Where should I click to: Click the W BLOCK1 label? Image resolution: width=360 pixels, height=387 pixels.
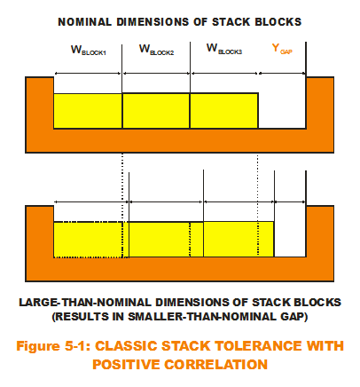[89, 51]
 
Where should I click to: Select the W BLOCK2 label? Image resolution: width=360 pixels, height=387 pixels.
[156, 50]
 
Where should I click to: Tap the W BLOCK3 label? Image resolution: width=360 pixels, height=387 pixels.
[224, 49]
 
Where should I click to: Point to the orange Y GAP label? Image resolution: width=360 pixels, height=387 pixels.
[282, 49]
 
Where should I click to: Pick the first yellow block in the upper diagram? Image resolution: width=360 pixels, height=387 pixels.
[88, 111]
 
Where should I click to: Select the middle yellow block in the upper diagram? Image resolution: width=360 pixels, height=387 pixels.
[156, 111]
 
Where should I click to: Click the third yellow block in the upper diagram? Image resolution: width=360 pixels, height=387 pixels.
[224, 111]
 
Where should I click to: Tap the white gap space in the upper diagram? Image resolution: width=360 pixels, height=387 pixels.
[282, 111]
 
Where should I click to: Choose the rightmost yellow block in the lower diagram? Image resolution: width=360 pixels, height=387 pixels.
[239, 240]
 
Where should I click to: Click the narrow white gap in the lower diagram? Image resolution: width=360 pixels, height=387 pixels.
[290, 240]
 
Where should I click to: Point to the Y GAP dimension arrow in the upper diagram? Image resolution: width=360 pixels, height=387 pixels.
[282, 73]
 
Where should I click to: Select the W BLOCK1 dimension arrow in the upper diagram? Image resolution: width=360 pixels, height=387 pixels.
[88, 73]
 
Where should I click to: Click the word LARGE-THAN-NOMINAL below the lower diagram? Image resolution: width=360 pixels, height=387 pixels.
[86, 303]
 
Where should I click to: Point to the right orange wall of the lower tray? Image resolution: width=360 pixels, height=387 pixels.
[320, 232]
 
